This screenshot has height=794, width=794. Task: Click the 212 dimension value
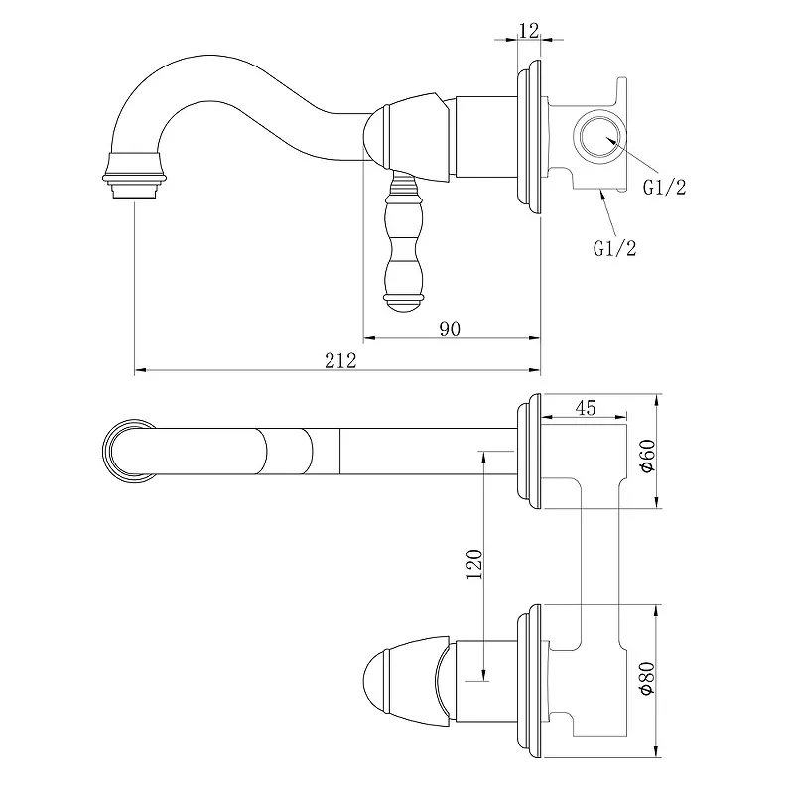click(340, 360)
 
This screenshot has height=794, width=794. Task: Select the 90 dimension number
click(450, 330)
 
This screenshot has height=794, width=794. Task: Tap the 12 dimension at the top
click(529, 31)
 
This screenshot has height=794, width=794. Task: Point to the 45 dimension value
click(586, 408)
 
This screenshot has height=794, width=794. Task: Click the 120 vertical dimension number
click(474, 564)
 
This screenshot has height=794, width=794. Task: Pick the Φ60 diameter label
click(648, 456)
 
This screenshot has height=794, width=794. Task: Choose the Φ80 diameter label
click(648, 678)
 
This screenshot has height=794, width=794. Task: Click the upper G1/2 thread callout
click(664, 188)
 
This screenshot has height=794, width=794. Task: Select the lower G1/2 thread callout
click(614, 249)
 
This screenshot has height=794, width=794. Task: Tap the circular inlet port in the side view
click(599, 137)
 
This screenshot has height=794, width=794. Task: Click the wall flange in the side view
click(529, 137)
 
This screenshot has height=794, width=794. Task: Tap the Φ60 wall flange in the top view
click(529, 452)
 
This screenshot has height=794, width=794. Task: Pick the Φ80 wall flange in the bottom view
click(529, 682)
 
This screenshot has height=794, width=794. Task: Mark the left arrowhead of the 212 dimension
click(140, 370)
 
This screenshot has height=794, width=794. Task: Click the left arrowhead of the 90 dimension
click(369, 337)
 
